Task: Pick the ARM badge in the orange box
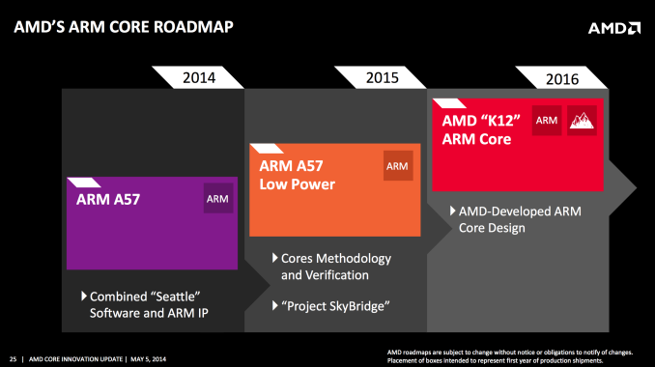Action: coord(397,166)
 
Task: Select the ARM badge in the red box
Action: coord(547,120)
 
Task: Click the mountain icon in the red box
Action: coord(583,120)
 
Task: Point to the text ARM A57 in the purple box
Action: coord(108,201)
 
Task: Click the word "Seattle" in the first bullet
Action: coord(181,295)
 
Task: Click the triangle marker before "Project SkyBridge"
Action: coord(274,306)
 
